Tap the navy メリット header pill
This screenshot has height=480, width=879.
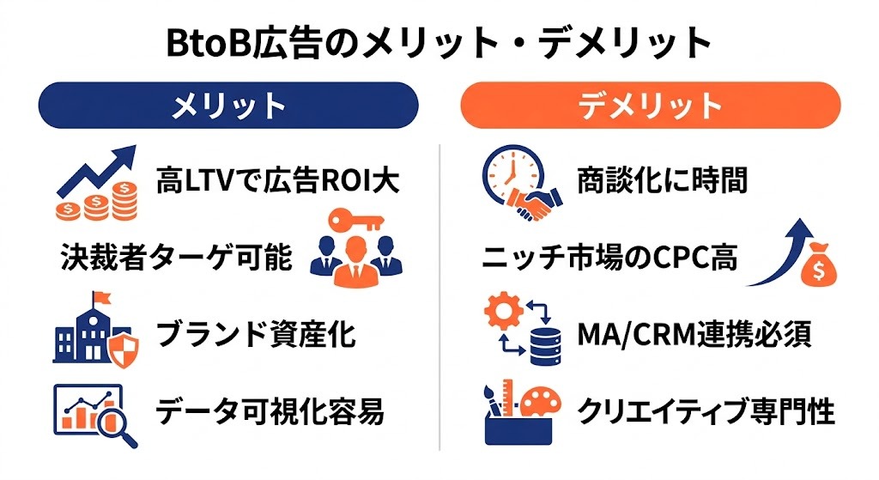tap(227, 105)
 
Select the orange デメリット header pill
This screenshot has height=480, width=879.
tap(650, 105)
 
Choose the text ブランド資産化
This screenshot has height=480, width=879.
tap(256, 334)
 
